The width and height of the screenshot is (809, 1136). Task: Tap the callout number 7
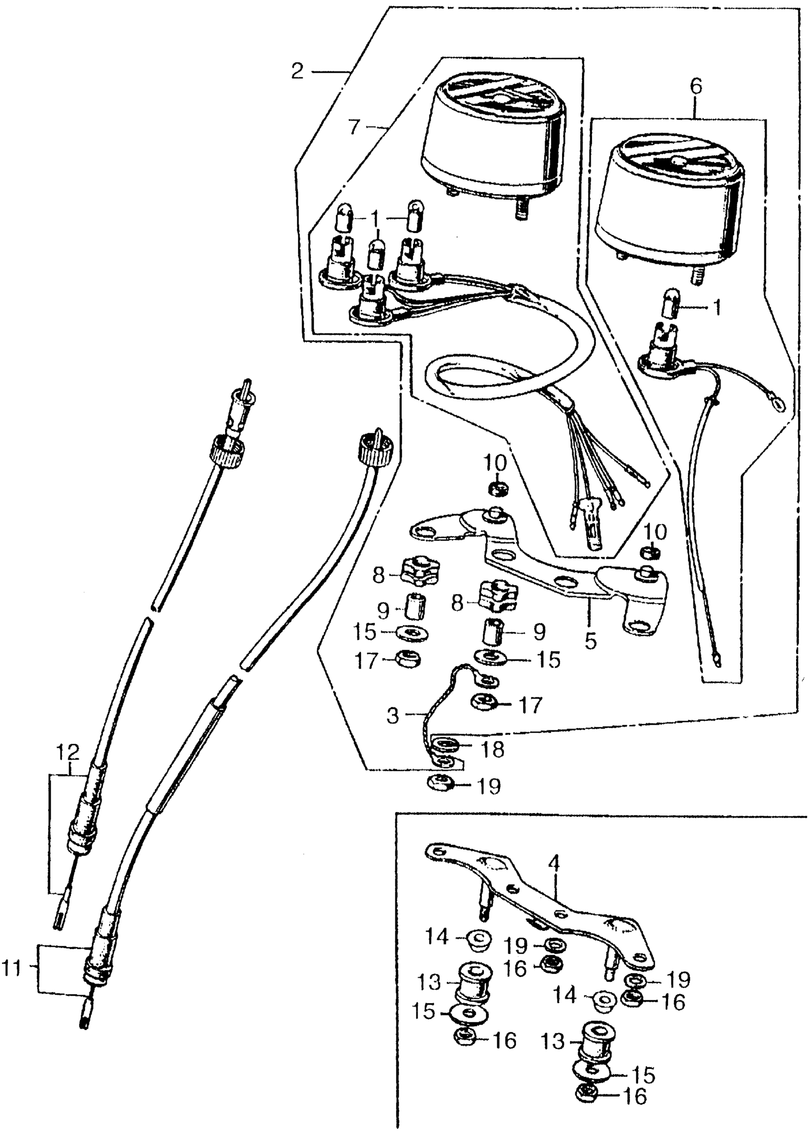tap(353, 127)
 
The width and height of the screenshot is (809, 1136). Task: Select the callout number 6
tap(696, 87)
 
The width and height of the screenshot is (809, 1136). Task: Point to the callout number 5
tap(590, 641)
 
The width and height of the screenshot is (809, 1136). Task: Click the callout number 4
tap(554, 861)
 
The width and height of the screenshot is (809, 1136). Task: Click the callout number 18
tap(492, 750)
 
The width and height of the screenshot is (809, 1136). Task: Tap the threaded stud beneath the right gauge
tap(696, 275)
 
